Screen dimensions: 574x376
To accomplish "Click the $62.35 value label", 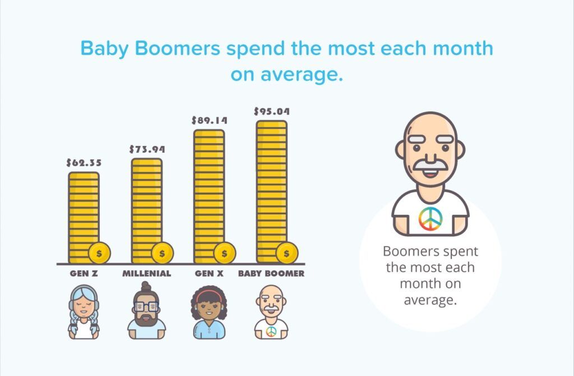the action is coord(84,163).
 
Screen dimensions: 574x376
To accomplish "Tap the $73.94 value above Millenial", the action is coord(147,149).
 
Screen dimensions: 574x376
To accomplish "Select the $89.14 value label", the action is coord(209,120).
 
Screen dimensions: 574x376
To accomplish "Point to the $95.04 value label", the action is coord(272,111).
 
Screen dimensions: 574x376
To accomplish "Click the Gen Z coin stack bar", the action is coord(84,217).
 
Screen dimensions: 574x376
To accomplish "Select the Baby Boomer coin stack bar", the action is coord(272,192).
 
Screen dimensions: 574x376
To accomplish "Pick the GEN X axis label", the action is coord(209,273).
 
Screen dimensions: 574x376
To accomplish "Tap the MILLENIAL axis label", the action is coord(146,273).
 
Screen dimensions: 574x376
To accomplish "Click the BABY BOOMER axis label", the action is coord(271,273).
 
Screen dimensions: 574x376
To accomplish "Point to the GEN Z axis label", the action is coord(84,273).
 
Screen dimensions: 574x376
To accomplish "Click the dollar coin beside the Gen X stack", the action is coord(224,253).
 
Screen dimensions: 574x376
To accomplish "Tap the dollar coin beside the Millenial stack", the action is coord(162,253).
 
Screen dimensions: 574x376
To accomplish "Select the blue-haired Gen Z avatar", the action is coord(84,312).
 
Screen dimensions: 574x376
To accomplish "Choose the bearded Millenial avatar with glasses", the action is coord(146,310).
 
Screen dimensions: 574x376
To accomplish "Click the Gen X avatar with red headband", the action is coord(209,312).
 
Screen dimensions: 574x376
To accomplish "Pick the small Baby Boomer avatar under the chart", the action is coord(271,312).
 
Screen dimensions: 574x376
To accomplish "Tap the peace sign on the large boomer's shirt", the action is coord(430,219).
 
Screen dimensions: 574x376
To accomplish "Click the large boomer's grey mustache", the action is coord(430,164).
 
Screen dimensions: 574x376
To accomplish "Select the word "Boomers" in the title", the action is coord(178,48).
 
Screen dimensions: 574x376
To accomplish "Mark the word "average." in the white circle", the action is coord(430,300).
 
